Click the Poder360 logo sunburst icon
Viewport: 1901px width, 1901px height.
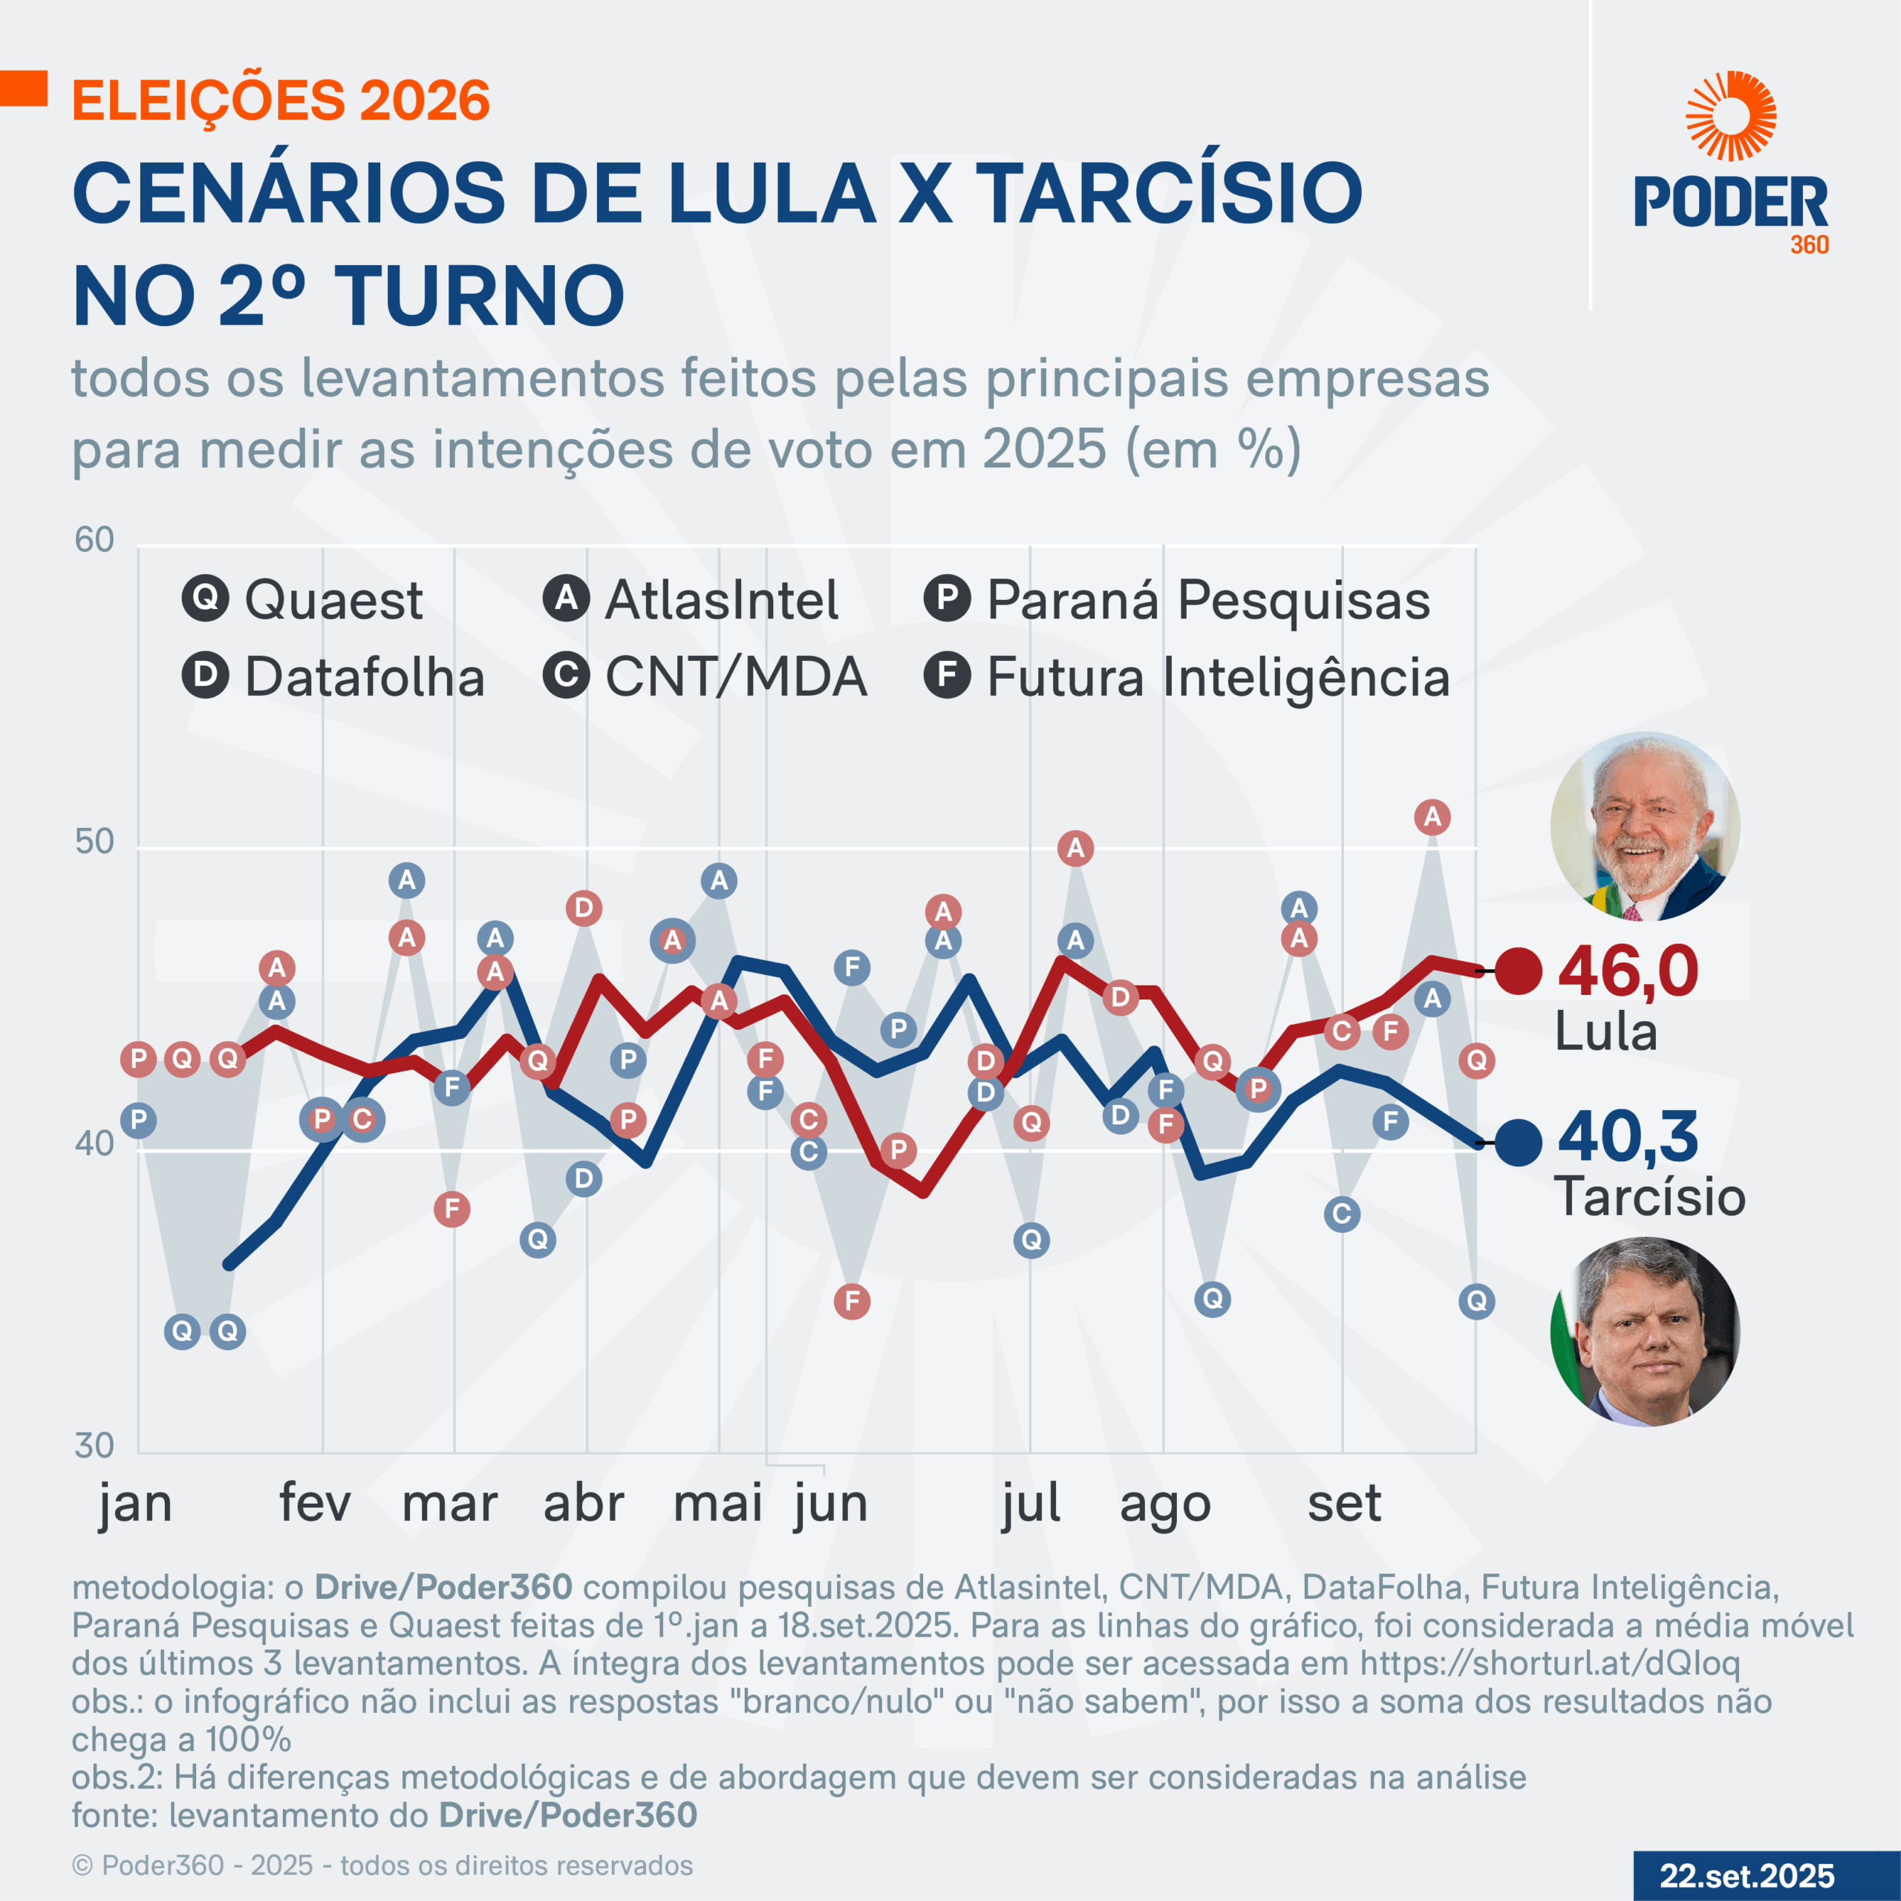pos(1731,116)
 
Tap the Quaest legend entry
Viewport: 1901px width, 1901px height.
pos(303,599)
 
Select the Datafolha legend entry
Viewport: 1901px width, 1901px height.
pos(333,677)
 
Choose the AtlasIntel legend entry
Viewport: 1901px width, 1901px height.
pos(691,599)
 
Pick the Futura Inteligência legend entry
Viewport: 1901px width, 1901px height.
pos(1187,677)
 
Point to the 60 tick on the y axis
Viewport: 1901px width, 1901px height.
pos(94,540)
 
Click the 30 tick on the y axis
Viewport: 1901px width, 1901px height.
pos(94,1446)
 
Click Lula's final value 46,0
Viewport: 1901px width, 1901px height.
pos(1628,971)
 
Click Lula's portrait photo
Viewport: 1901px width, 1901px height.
pos(1645,826)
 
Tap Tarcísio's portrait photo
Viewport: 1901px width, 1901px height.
pos(1645,1331)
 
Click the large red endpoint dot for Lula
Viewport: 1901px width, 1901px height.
pos(1519,972)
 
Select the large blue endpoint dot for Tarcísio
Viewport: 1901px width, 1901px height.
pos(1519,1142)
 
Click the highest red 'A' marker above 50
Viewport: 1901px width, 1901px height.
pos(1432,817)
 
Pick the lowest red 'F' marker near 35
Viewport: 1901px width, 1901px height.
pos(852,1301)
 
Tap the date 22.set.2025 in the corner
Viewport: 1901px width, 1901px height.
pos(1747,1876)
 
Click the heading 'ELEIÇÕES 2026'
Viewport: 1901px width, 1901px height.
pos(281,100)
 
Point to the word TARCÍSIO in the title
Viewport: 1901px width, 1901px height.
pos(1170,193)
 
